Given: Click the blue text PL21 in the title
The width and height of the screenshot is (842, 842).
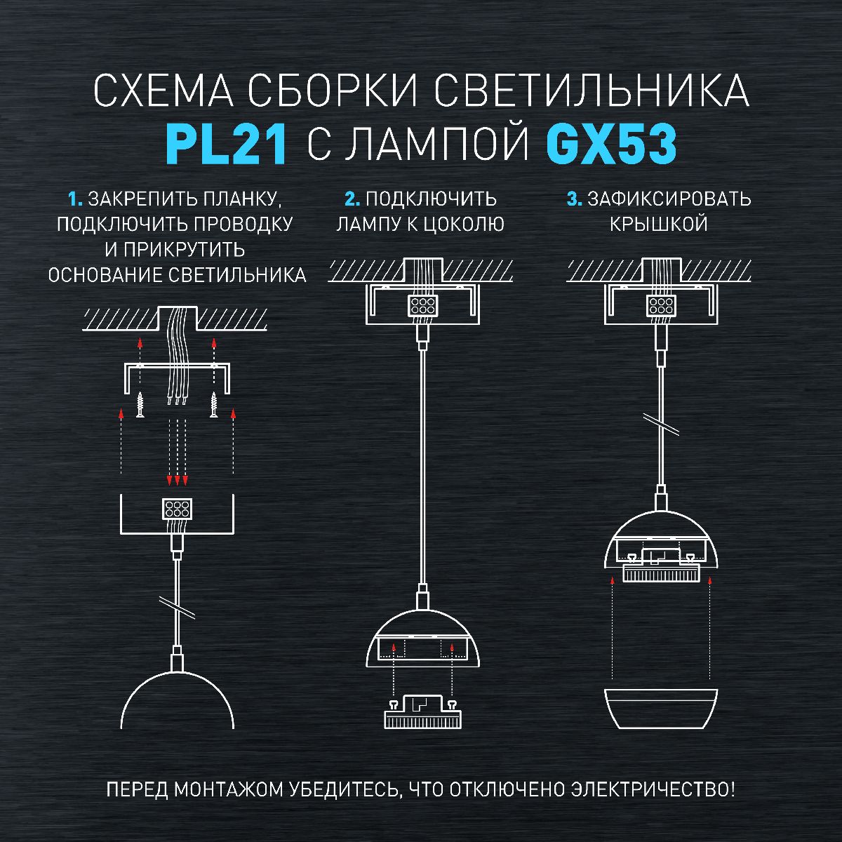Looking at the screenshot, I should point(227,145).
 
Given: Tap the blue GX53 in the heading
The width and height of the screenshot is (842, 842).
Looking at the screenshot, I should point(610,145).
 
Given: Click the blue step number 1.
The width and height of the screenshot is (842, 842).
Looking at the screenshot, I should point(75,199).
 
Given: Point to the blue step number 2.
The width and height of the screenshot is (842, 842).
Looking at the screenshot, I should point(352,199).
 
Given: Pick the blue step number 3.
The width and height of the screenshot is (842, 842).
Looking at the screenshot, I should point(574,199).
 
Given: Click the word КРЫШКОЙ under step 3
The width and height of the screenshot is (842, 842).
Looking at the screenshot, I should point(658,225).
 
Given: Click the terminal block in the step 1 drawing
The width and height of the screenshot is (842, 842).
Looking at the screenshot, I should point(176,508).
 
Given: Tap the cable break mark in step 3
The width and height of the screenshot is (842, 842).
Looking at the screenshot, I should point(661,422).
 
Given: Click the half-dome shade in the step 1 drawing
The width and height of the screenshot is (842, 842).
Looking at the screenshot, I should point(177,702).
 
